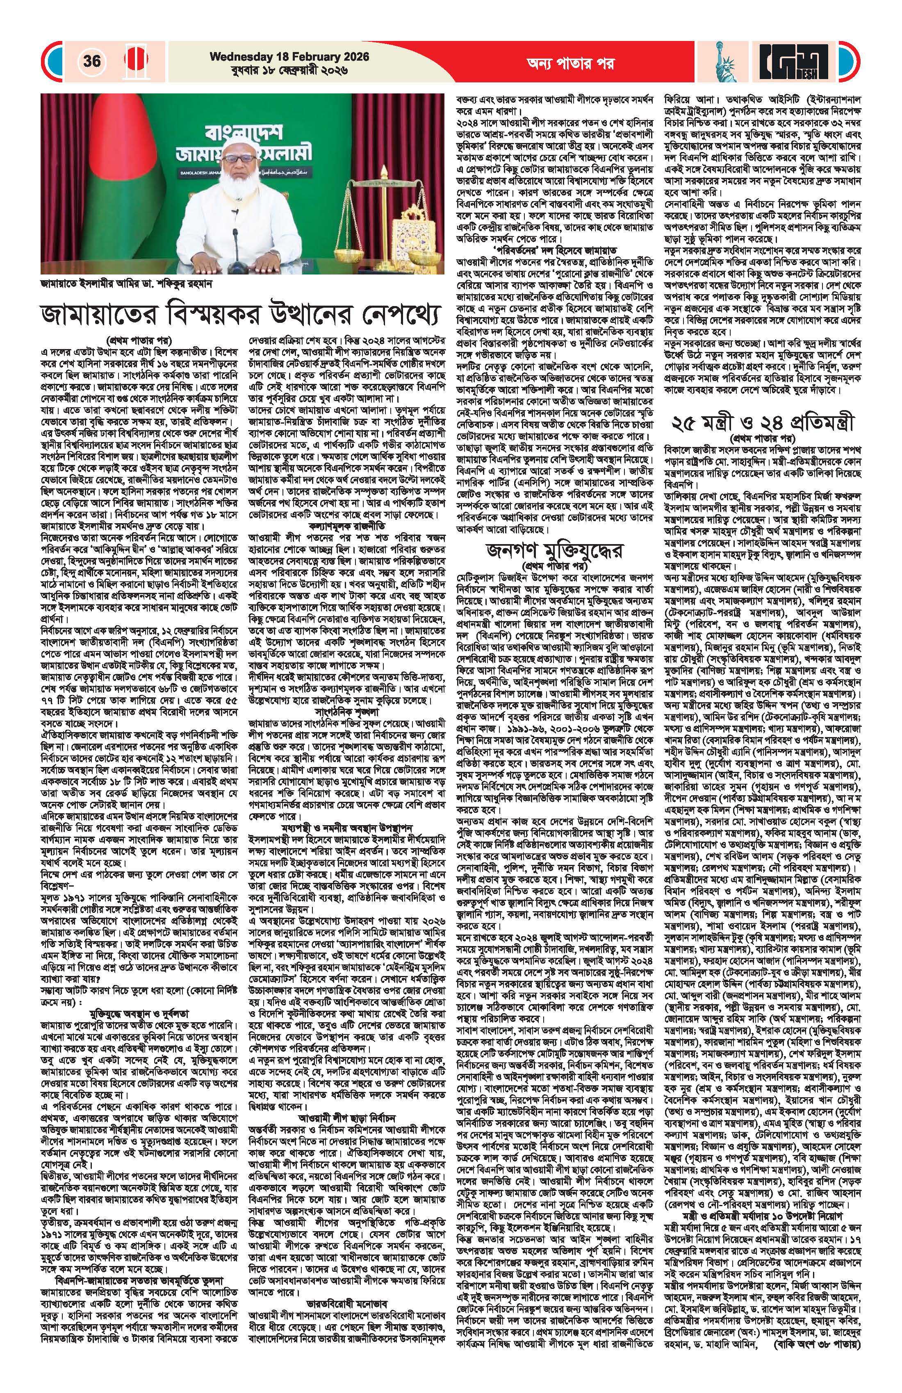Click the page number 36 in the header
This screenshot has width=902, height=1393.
coord(92,61)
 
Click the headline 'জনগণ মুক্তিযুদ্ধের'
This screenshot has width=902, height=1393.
coord(554,552)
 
